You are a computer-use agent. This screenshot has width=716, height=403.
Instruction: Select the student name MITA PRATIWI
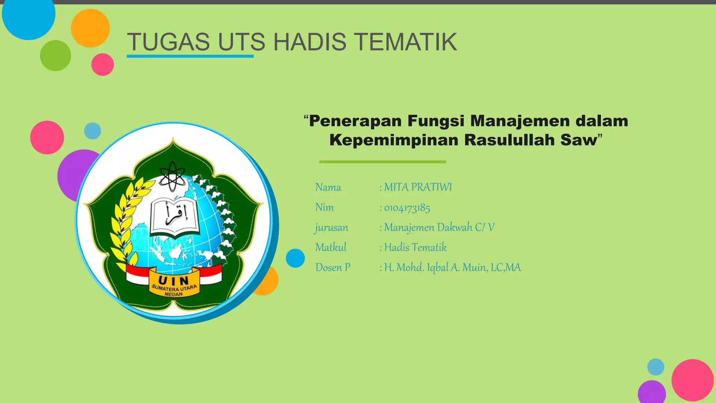coord(418,187)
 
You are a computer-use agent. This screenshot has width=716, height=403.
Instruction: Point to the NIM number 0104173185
coord(407,208)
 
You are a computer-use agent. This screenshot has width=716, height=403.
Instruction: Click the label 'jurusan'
coord(331,228)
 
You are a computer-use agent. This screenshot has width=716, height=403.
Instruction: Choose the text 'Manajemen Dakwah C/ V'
coord(439,228)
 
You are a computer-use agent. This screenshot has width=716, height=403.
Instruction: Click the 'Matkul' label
coord(331,248)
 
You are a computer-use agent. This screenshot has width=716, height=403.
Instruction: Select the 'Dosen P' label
coord(332,268)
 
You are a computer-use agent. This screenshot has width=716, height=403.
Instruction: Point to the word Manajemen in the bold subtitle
coord(520,121)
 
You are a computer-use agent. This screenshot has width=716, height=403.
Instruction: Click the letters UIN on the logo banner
coord(174,280)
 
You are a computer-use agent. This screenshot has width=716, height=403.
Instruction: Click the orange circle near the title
coord(90,28)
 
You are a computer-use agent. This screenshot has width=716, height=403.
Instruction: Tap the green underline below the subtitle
coord(382,162)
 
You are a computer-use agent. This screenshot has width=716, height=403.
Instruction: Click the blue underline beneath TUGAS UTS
coord(190,56)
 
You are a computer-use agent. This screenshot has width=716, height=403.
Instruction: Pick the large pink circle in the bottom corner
coord(692,380)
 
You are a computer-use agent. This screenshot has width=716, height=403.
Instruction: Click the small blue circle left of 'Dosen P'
coord(295,258)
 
